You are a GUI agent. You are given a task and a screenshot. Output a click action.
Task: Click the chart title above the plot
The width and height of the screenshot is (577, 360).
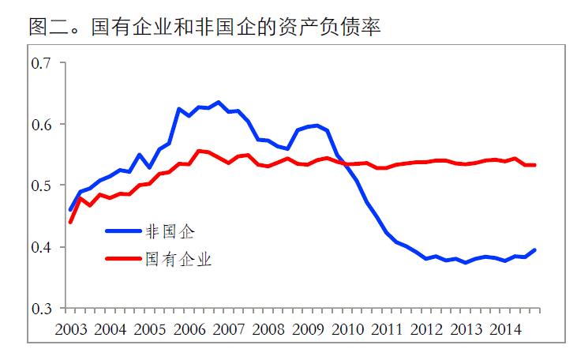click(204, 26)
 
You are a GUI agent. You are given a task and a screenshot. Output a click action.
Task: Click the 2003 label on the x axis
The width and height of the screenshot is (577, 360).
click(71, 328)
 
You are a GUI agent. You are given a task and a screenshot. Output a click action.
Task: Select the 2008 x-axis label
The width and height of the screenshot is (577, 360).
click(268, 328)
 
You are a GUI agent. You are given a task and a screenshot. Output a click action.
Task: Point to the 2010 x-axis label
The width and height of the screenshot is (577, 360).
click(347, 328)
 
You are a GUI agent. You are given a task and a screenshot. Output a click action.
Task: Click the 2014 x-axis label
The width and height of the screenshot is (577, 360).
click(505, 328)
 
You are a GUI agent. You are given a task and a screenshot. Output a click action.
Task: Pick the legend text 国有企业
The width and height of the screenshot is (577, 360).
click(178, 258)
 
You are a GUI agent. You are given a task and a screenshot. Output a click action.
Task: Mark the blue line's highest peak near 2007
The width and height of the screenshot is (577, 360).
click(219, 102)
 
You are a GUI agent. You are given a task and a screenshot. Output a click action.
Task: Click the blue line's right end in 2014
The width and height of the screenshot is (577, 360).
click(536, 249)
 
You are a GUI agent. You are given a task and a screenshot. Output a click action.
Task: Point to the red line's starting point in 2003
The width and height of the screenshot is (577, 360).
click(70, 222)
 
